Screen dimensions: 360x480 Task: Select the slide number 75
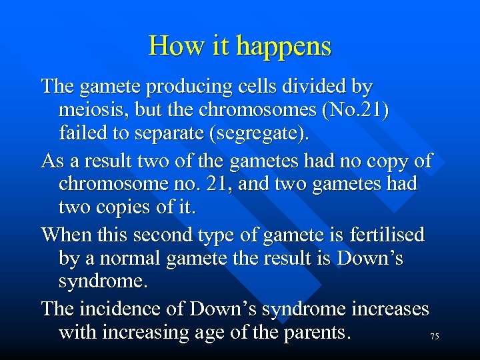point(434,337)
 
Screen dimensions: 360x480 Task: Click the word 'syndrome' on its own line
point(102,281)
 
